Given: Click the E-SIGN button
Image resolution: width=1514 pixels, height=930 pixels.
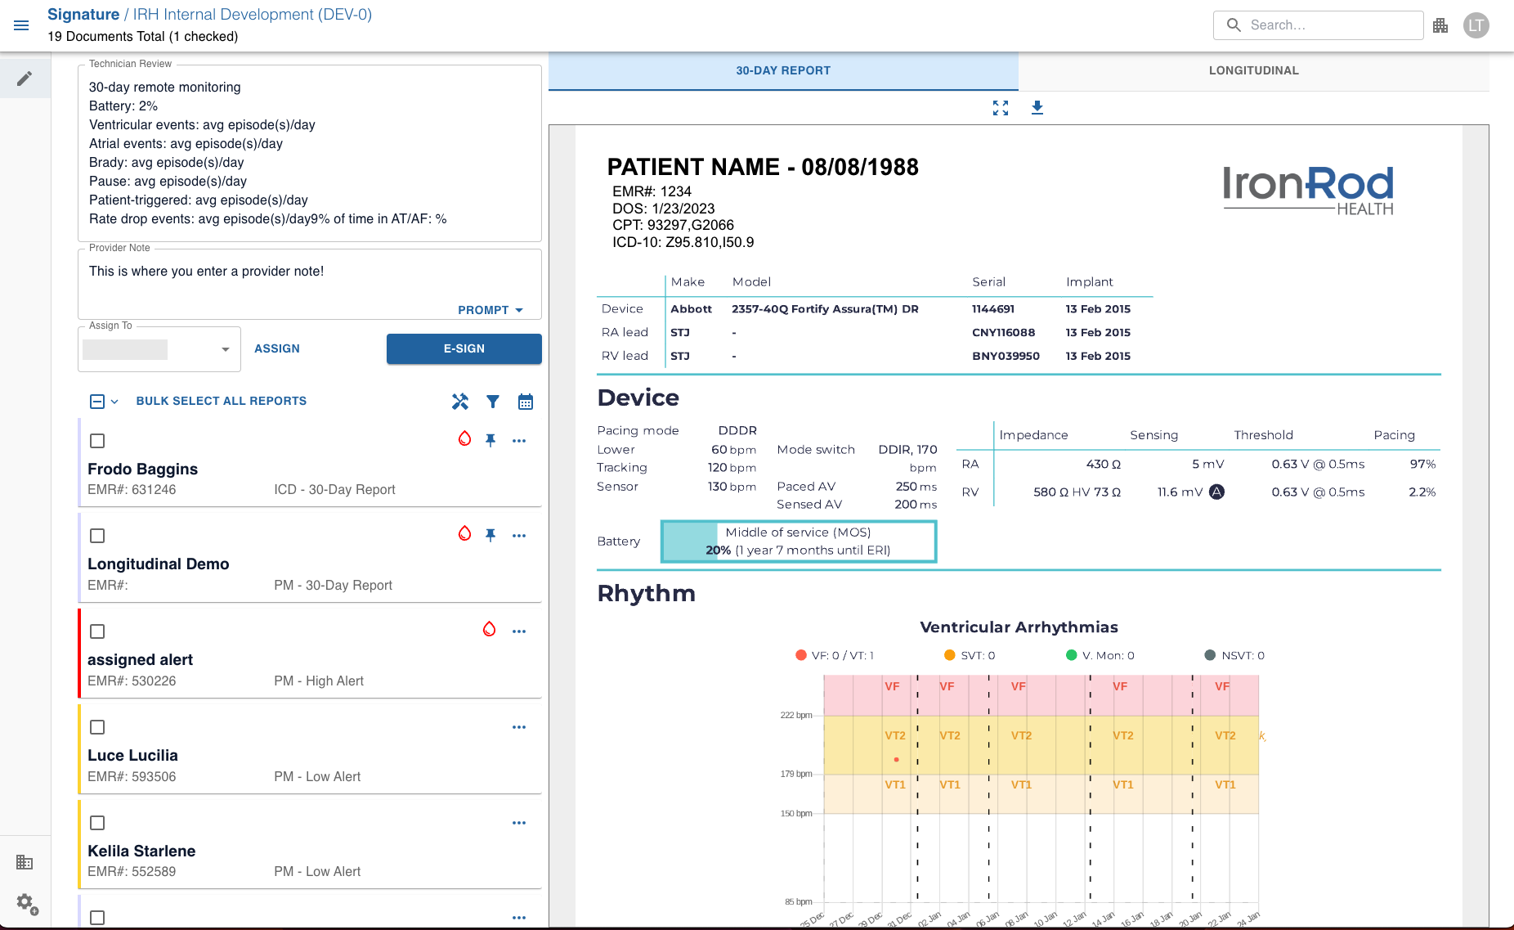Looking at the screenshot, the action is pyautogui.click(x=464, y=348).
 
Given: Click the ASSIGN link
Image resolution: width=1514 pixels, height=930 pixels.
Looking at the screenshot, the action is pyautogui.click(x=277, y=348).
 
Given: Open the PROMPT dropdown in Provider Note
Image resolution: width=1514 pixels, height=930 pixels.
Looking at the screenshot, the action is pyautogui.click(x=490, y=310).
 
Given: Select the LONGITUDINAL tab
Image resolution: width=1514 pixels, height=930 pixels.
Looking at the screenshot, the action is pyautogui.click(x=1253, y=70).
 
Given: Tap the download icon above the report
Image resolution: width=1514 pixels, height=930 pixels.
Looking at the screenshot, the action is pyautogui.click(x=1037, y=108).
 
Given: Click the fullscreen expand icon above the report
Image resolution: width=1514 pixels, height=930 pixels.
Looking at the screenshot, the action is pyautogui.click(x=1001, y=108).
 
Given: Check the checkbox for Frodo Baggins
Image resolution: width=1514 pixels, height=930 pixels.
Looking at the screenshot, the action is pyautogui.click(x=97, y=441).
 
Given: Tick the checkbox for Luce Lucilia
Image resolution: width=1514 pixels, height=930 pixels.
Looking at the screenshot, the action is pyautogui.click(x=97, y=727).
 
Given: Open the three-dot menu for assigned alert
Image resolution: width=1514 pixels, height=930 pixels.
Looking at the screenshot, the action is pyautogui.click(x=519, y=631).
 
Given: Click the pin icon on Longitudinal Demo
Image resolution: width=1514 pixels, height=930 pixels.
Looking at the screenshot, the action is pyautogui.click(x=490, y=535).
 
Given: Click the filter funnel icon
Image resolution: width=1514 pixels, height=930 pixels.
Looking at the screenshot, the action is pyautogui.click(x=493, y=402).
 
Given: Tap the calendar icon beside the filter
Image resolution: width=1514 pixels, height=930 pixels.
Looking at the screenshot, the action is pyautogui.click(x=526, y=402).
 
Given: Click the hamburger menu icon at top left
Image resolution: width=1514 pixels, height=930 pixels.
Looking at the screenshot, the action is pyautogui.click(x=22, y=25).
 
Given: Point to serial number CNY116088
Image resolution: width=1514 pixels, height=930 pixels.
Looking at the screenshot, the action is pyautogui.click(x=1003, y=333).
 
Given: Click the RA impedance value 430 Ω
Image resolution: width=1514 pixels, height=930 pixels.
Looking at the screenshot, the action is pyautogui.click(x=1103, y=465).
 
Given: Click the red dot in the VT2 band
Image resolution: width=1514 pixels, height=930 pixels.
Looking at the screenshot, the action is pyautogui.click(x=897, y=760).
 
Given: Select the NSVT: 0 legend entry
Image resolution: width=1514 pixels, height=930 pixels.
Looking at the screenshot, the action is pyautogui.click(x=1234, y=655).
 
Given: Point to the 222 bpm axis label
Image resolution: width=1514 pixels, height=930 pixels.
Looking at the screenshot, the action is pyautogui.click(x=795, y=715).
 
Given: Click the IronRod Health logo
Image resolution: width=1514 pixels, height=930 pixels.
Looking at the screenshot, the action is pyautogui.click(x=1308, y=190).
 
